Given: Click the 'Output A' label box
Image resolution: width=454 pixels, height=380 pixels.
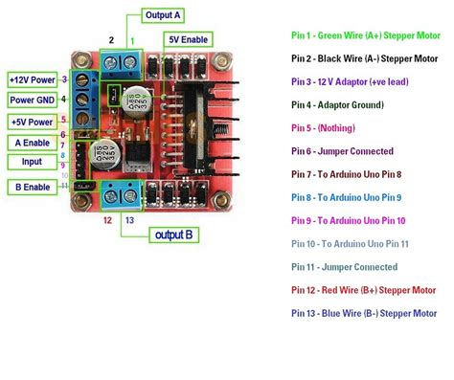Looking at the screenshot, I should pos(164,15).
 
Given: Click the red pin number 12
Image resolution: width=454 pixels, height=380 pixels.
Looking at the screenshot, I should pos(108,219).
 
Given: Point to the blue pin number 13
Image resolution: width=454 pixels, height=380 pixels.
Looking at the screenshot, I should pos(130,219).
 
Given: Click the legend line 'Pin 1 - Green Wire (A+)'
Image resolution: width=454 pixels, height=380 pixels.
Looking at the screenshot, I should pos(365,34).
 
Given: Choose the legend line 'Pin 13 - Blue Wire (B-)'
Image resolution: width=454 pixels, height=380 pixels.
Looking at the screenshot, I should pos(366,313).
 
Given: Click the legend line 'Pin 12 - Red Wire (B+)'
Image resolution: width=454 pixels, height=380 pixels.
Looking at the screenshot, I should pos(366,289).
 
